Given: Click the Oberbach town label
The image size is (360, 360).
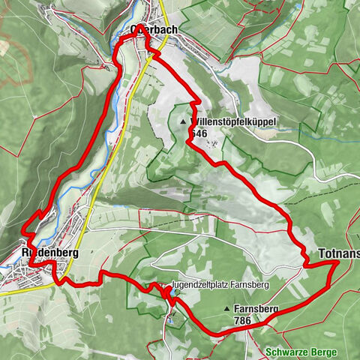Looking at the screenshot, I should (x=154, y=29).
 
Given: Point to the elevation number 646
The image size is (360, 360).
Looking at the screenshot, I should (x=198, y=133).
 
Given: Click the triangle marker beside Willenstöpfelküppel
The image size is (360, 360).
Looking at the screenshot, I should (x=183, y=120).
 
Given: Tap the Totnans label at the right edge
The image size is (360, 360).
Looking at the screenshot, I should (x=339, y=253).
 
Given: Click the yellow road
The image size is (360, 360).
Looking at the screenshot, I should (x=112, y=150).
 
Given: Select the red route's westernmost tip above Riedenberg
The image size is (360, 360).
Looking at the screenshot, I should (x=25, y=228).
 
